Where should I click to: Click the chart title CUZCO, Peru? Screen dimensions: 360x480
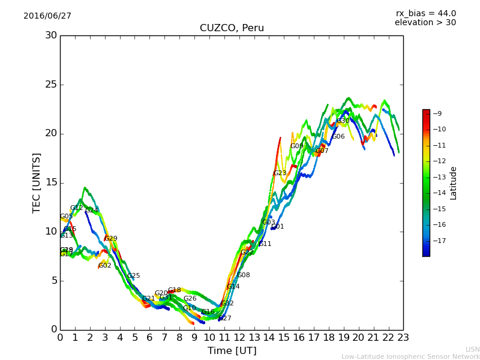point(232,28)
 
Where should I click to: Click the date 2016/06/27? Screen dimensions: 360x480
point(47,16)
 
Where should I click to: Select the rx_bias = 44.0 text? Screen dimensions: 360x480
point(425,13)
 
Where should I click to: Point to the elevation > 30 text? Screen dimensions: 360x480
point(425,23)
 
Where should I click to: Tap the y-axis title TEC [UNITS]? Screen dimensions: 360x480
point(37,182)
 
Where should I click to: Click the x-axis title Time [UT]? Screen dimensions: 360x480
point(232,350)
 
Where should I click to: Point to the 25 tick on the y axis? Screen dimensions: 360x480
point(51,85)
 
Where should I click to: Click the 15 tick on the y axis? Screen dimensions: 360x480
point(51,182)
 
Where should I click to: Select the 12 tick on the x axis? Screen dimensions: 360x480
point(239,338)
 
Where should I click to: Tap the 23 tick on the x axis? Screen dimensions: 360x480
point(403,338)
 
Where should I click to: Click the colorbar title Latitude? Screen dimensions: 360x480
point(454,182)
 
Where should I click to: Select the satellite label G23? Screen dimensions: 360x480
point(280,173)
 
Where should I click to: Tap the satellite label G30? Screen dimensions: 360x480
point(343,121)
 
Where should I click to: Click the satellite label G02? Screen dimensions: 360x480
point(105,265)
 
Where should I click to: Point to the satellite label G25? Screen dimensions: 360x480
point(133,276)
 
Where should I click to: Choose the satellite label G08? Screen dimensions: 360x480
point(244,275)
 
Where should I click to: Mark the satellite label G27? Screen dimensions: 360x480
point(224,318)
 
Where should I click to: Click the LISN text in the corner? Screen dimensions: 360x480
point(472,349)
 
